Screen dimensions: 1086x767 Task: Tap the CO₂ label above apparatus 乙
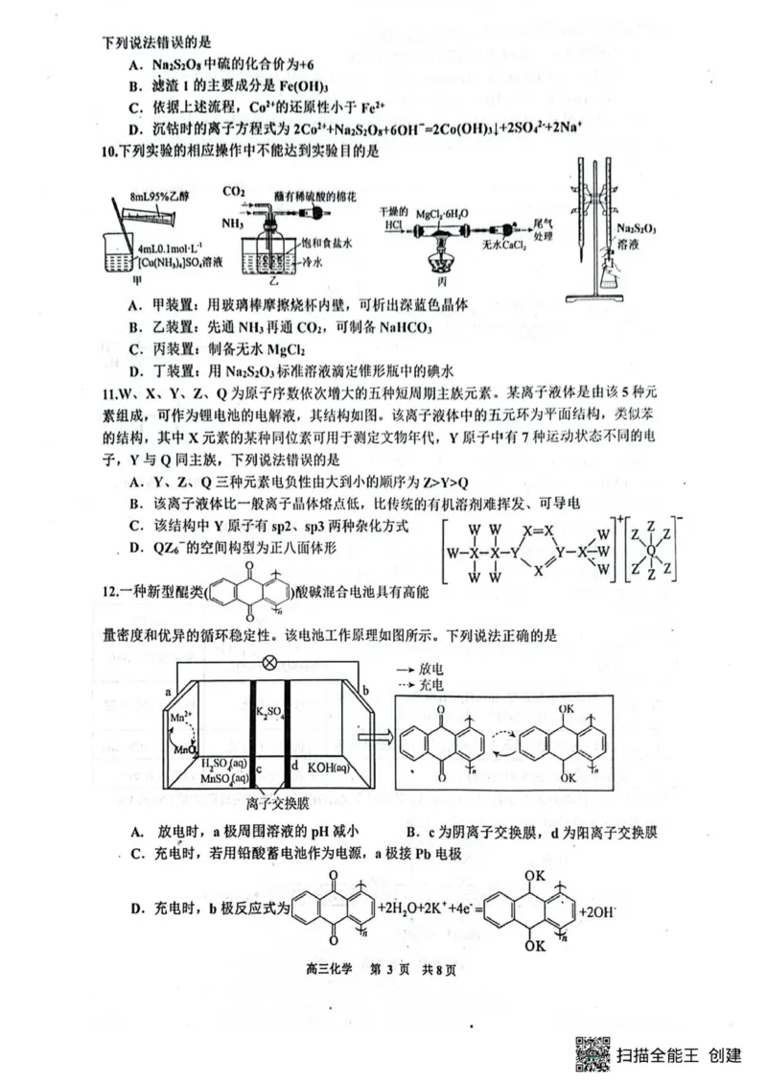234,192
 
